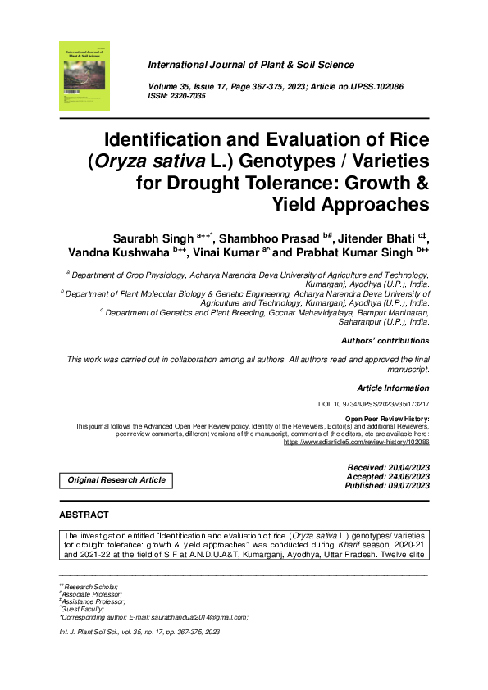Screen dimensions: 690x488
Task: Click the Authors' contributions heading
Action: tap(385, 340)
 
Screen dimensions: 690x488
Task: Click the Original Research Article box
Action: tap(116, 480)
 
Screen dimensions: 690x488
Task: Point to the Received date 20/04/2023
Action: tap(403, 466)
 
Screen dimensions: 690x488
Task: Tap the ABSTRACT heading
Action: tap(84, 515)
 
